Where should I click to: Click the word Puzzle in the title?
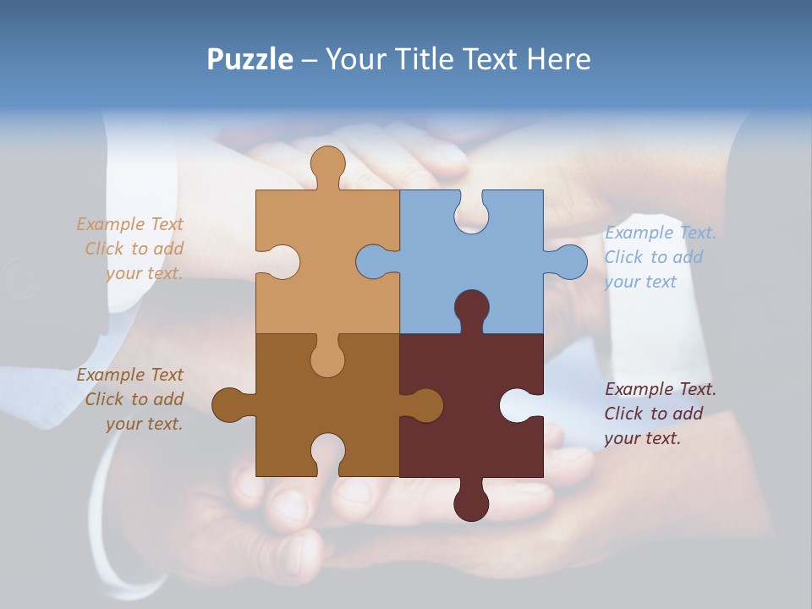click(x=250, y=59)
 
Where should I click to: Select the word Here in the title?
click(x=558, y=59)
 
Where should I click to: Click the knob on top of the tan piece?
click(x=327, y=165)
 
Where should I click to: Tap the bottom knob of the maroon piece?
click(x=471, y=502)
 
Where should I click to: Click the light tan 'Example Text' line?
click(x=129, y=224)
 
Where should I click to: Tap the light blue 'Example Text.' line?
click(x=661, y=233)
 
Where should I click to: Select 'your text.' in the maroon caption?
click(x=642, y=438)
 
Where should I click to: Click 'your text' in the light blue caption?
click(x=640, y=282)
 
